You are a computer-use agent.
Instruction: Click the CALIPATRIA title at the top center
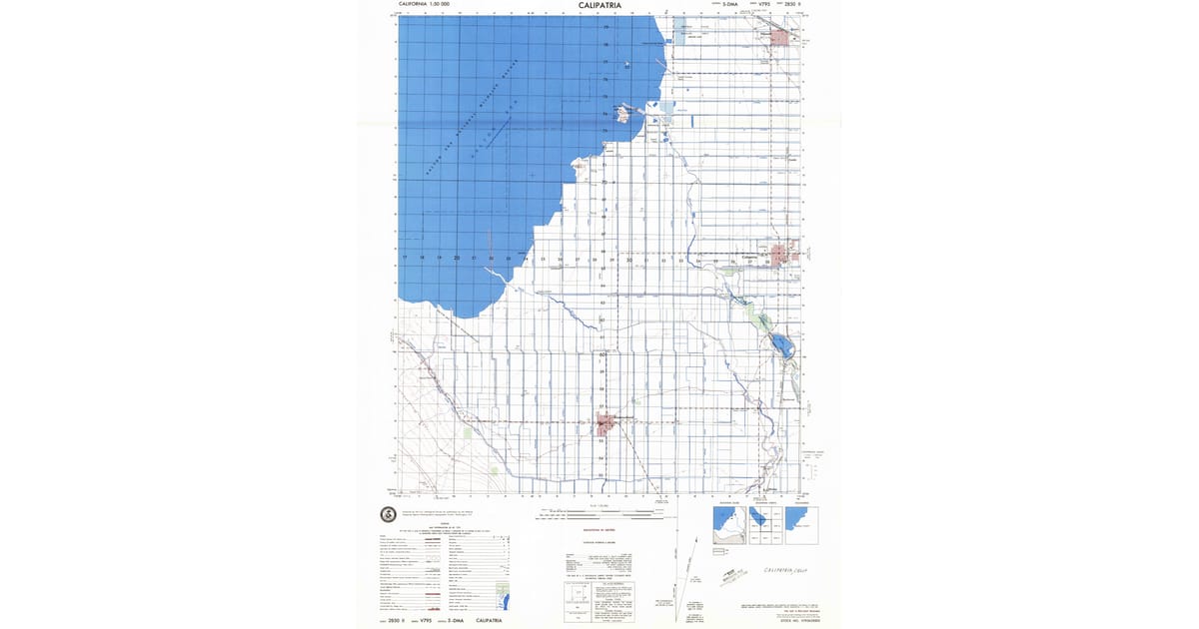click(x=599, y=5)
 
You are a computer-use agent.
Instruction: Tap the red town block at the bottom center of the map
click(x=604, y=424)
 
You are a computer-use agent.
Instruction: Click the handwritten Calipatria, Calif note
click(x=783, y=570)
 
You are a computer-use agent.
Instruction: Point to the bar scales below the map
click(x=599, y=514)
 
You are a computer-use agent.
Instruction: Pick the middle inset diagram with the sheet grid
click(x=764, y=525)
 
